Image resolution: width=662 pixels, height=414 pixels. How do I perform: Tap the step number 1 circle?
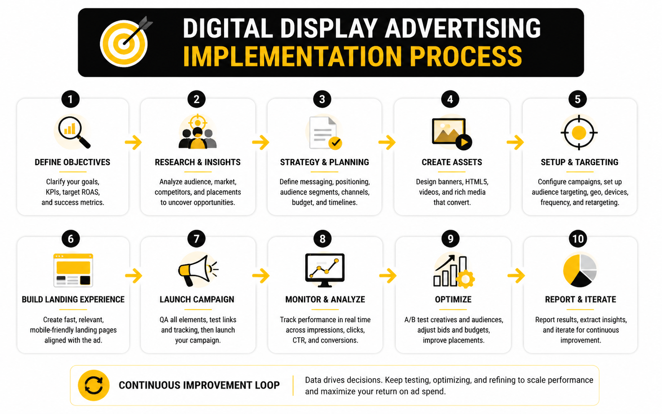point(71,99)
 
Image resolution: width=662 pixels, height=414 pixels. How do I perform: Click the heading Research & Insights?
point(198,162)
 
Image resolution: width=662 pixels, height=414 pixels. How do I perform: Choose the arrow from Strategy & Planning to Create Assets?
point(387,142)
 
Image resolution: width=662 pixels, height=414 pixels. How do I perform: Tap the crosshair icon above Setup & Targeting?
point(579,133)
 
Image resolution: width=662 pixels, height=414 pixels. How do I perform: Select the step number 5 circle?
point(578,99)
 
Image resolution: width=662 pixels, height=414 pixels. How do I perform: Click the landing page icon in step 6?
point(73,270)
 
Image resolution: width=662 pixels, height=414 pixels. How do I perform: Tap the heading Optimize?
point(453,300)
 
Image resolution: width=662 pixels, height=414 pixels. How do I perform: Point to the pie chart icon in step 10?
point(580,270)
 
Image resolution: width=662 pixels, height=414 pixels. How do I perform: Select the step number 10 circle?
point(578,239)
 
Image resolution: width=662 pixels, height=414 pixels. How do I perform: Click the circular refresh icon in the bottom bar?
point(94,385)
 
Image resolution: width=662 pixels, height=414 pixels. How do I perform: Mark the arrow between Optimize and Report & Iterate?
point(516,275)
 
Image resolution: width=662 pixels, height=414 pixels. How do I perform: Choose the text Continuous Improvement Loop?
point(199,385)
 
